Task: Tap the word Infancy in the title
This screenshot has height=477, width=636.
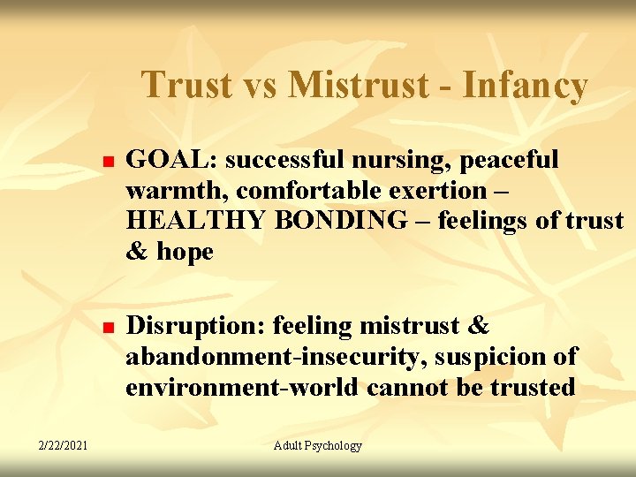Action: (524, 86)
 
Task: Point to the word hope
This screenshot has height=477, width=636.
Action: (185, 252)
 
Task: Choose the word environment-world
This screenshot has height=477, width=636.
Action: (242, 388)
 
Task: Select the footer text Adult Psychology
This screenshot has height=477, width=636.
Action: (318, 446)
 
